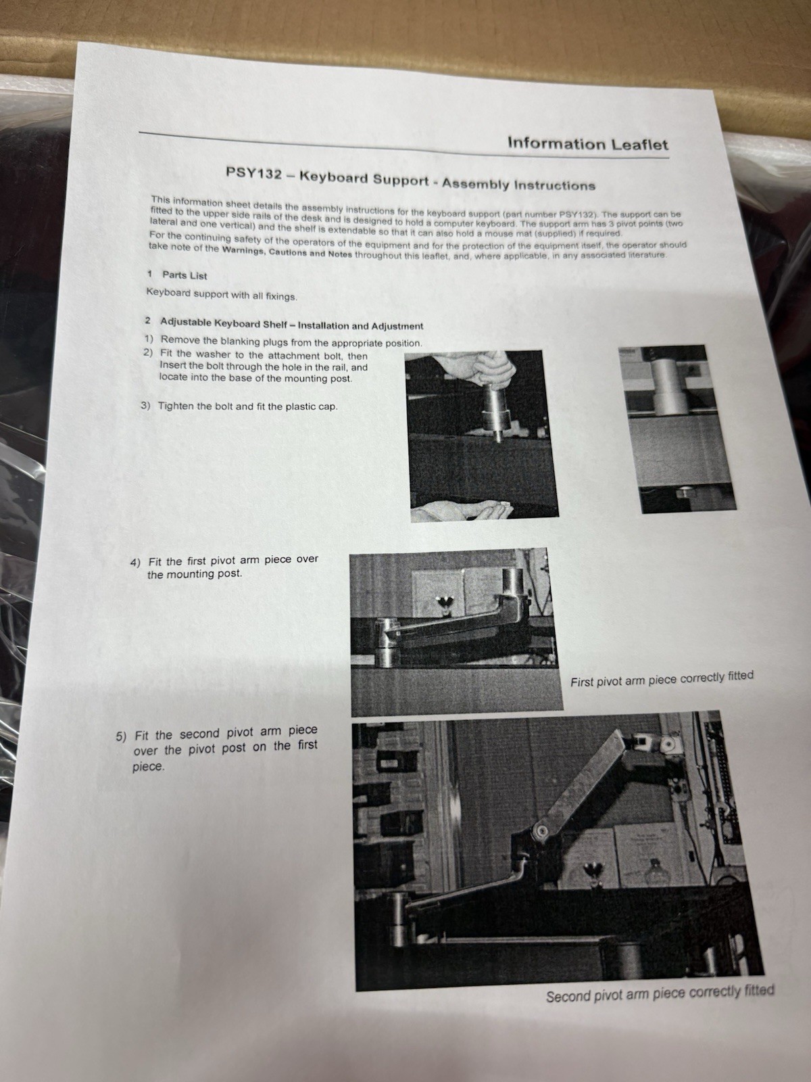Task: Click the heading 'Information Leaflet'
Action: click(x=588, y=144)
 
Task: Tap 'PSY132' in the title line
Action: click(x=253, y=174)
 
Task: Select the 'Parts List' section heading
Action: click(x=185, y=275)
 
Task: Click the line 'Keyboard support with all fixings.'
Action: click(x=222, y=295)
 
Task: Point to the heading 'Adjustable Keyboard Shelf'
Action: click(x=224, y=323)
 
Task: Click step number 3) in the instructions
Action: click(x=145, y=406)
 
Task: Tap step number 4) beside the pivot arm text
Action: click(x=135, y=563)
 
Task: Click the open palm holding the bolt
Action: click(x=463, y=511)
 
